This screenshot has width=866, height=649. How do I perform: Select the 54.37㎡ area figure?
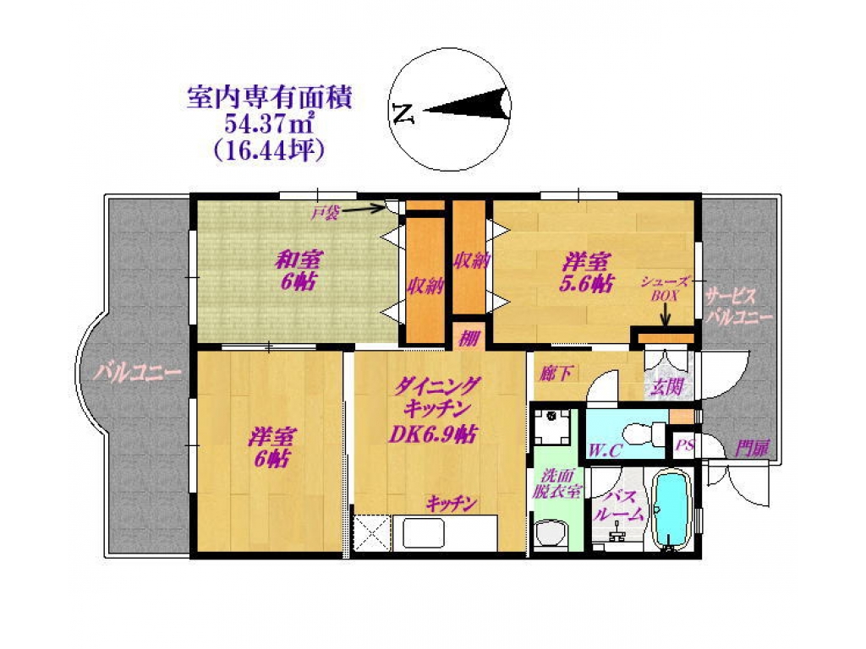270,124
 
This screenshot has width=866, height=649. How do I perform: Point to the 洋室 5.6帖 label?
587,273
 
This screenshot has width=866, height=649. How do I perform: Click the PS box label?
684,444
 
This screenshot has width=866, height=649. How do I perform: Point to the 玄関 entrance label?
666,387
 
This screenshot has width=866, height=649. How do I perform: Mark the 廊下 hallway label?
556,374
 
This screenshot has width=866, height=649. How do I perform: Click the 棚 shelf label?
469,338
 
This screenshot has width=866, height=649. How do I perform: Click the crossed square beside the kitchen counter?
371,533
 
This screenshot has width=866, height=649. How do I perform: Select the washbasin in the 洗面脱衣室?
551,534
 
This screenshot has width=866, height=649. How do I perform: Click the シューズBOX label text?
665,289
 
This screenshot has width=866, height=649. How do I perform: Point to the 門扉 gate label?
751,449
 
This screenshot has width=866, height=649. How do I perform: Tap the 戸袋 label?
324,213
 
